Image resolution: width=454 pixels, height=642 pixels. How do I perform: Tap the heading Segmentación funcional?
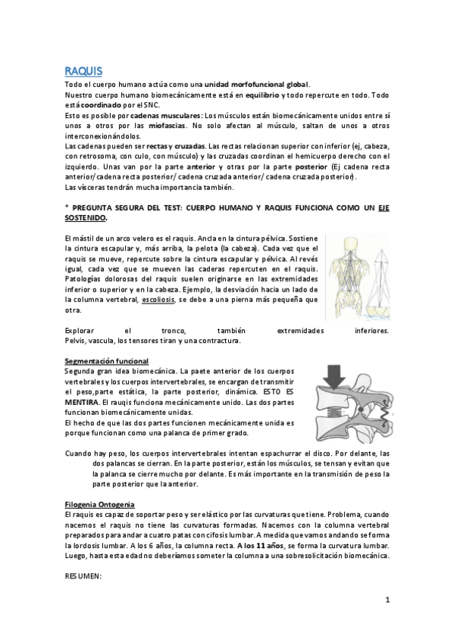(107, 361)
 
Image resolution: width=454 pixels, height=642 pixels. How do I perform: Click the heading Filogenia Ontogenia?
(100, 503)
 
